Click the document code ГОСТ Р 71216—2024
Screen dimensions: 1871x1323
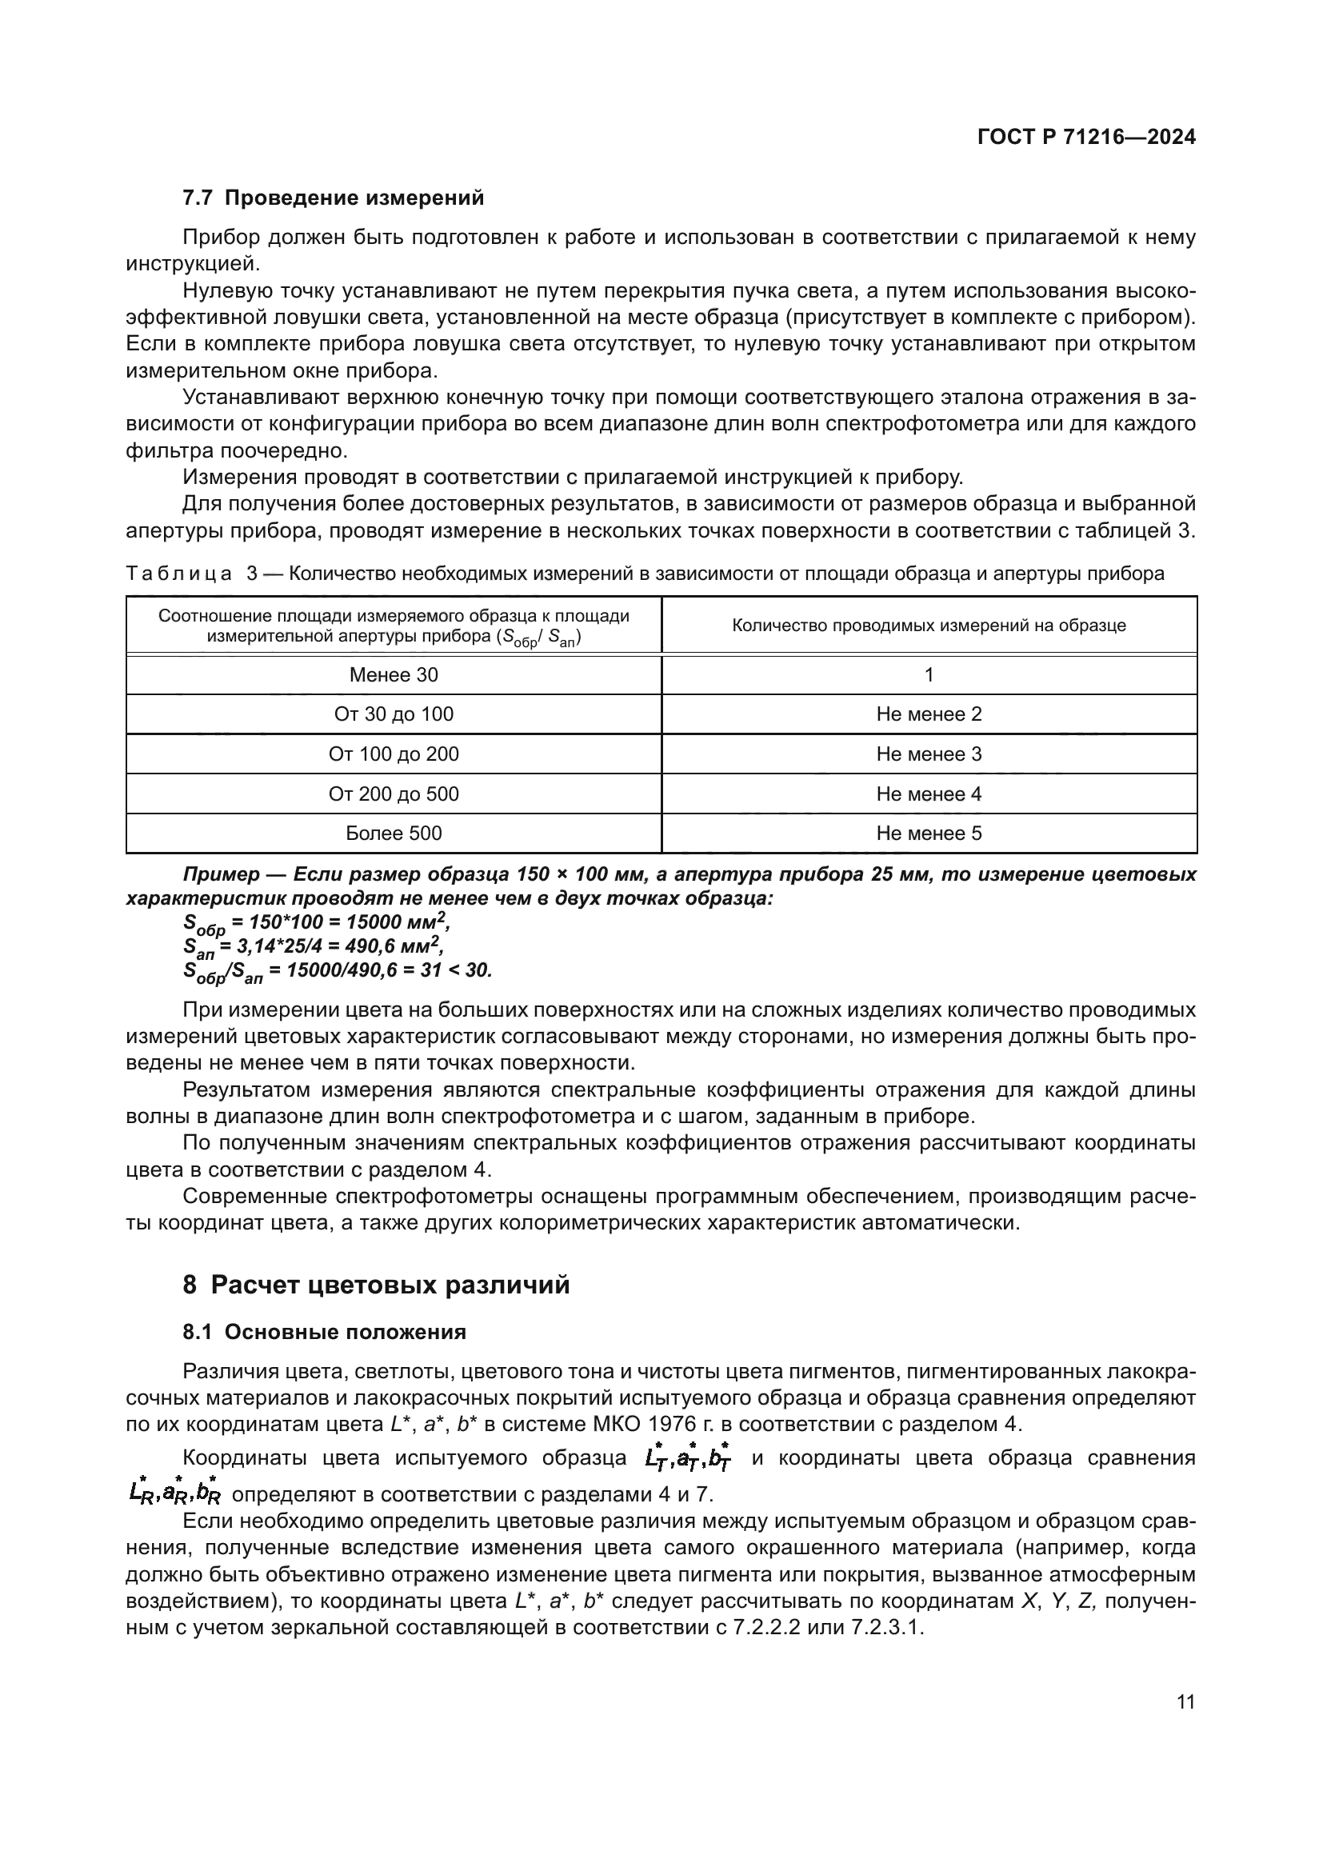click(1086, 137)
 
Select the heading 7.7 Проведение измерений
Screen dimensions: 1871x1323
click(333, 198)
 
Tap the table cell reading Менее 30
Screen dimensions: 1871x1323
click(394, 675)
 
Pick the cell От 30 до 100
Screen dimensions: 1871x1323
click(394, 714)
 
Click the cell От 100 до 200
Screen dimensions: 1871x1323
click(394, 754)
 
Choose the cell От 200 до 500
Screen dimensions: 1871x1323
click(394, 794)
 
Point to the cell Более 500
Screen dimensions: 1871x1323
click(394, 834)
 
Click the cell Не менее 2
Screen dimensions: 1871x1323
click(929, 714)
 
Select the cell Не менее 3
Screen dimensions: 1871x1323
click(929, 754)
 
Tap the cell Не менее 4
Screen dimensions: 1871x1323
click(929, 794)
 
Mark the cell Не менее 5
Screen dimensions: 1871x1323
click(929, 834)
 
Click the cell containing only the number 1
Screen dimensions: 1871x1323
click(929, 675)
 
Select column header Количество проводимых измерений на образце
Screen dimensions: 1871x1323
click(929, 626)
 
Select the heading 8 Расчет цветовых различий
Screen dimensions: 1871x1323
click(376, 1285)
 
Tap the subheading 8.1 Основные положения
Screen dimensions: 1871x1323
click(324, 1333)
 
